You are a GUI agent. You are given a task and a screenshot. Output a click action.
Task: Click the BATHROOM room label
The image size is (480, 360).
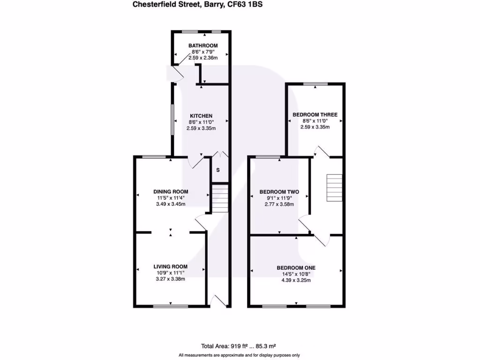[203, 45]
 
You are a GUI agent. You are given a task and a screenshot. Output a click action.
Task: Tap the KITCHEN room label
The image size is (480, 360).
[201, 116]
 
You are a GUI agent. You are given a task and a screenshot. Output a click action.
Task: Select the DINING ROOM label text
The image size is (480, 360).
[171, 191]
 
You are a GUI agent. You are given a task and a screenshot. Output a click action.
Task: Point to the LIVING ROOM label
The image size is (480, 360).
[171, 267]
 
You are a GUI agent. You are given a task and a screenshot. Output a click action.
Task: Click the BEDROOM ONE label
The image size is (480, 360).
[296, 268]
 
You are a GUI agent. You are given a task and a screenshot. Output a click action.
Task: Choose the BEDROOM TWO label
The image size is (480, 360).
[279, 192]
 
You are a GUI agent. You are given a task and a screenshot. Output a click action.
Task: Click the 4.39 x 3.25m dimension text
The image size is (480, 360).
[296, 280]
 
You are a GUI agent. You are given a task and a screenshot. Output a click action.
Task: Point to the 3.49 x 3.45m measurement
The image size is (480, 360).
[171, 204]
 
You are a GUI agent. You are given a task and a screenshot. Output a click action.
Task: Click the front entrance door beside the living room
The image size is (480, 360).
[218, 301]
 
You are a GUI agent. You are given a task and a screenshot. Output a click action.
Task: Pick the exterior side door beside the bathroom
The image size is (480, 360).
[174, 75]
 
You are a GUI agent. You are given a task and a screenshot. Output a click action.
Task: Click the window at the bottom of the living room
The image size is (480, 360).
[167, 307]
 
